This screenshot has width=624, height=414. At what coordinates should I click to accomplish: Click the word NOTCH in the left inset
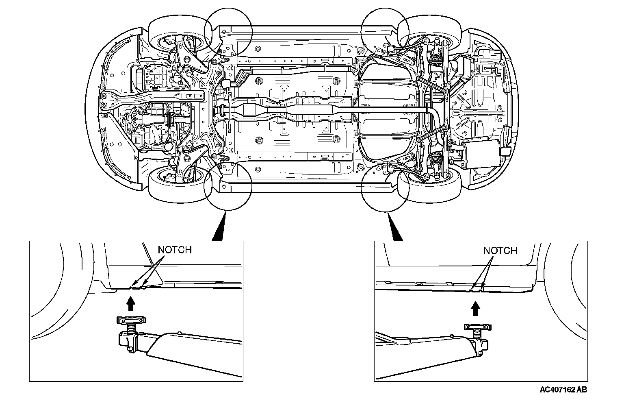174,249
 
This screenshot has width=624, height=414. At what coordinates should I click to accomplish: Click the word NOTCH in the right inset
500,251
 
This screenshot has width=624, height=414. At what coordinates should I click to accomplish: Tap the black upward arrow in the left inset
130,304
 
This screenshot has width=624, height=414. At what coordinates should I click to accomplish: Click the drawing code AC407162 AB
563,390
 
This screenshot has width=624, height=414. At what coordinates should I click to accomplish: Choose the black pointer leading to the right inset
394,228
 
